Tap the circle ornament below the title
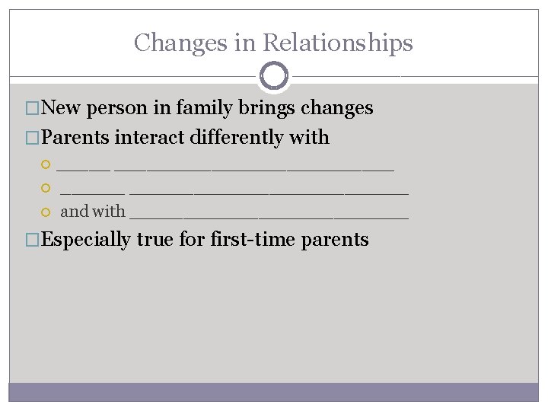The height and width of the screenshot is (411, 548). pos(273,76)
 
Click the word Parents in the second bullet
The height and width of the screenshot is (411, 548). pos(75,138)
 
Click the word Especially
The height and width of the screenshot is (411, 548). pos(86,240)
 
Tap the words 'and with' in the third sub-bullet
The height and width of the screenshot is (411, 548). pos(93,212)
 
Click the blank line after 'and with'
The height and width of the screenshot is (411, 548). pos(269,214)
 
